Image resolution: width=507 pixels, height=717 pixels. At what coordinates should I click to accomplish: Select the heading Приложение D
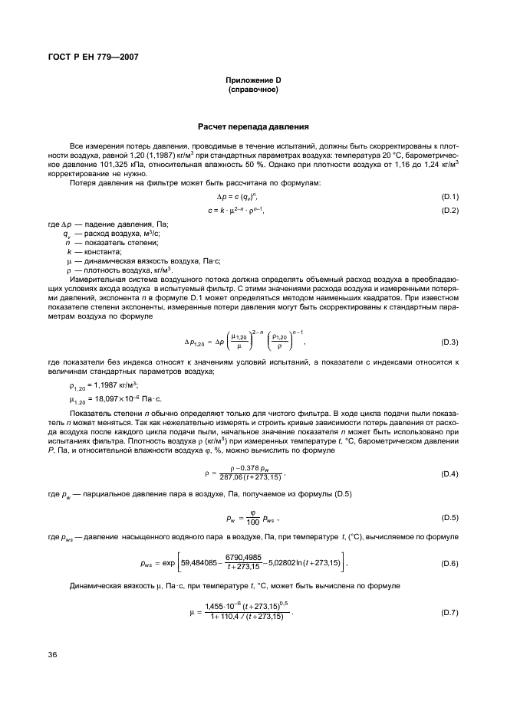tap(252, 80)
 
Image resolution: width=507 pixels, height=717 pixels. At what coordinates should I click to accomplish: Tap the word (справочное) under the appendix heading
tap(252, 90)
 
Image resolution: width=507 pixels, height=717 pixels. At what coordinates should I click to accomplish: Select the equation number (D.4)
tap(449, 475)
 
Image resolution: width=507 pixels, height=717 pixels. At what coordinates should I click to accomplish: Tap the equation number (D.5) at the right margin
tap(449, 518)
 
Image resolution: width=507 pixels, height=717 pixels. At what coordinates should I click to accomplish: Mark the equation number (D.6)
tap(449, 564)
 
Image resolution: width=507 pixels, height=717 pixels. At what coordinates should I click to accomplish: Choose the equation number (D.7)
tap(449, 614)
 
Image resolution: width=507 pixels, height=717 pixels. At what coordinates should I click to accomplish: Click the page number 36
tap(53, 653)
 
